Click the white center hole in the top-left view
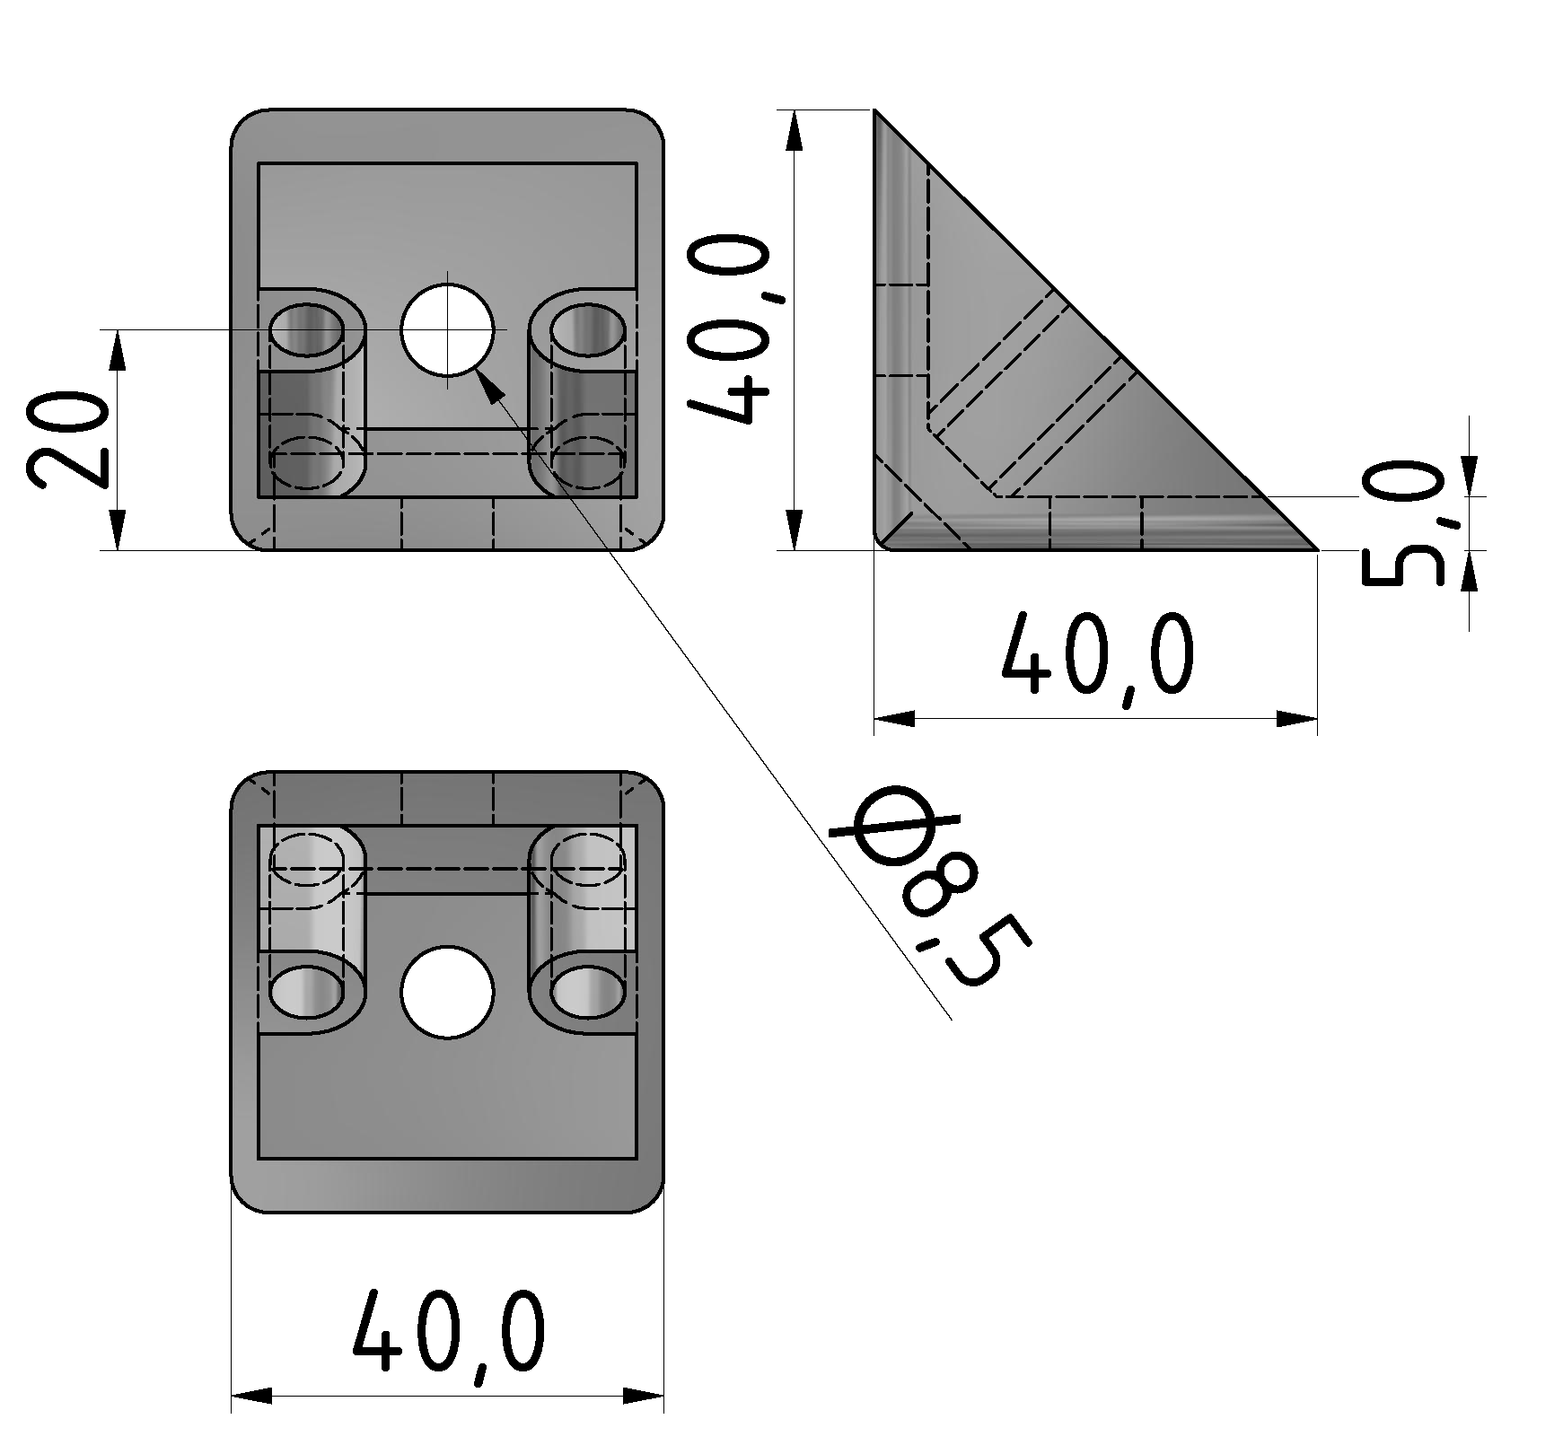coord(447,329)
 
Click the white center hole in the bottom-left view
coord(447,992)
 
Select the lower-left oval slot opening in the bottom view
coord(307,992)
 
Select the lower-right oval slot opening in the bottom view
coord(587,992)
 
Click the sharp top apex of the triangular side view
coord(876,113)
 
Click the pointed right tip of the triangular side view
coord(1313,547)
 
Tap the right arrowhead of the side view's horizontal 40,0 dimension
coord(1297,718)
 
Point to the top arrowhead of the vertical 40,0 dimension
coord(794,130)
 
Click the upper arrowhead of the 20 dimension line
coord(117,350)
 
